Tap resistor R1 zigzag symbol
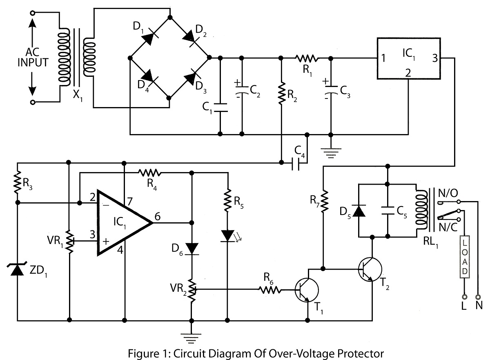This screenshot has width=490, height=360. point(307,58)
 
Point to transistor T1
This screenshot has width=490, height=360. point(307,290)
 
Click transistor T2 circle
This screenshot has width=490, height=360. point(370,269)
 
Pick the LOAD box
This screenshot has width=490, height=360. point(464,257)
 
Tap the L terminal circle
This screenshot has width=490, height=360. point(464,297)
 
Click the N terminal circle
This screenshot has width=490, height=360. point(478,297)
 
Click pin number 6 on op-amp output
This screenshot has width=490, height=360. point(158,216)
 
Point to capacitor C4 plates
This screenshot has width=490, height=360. point(296,163)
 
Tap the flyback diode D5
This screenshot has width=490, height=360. point(359,210)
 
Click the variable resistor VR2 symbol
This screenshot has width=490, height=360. point(192,290)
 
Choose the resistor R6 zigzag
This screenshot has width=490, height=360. point(270,290)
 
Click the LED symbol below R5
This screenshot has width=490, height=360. point(227,236)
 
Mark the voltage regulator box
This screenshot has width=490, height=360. point(409,58)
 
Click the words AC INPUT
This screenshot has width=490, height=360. point(33,57)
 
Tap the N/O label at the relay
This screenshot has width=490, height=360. point(448,193)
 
